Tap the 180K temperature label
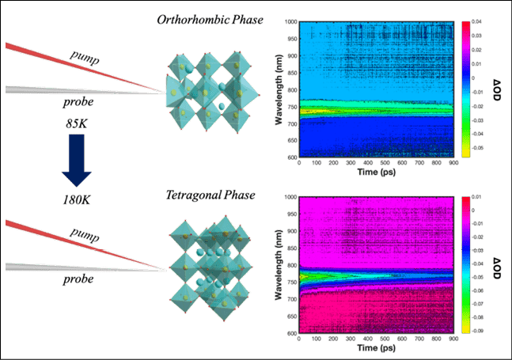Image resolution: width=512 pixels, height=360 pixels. coord(77,199)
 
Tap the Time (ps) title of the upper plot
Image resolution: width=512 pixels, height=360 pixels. coord(376,171)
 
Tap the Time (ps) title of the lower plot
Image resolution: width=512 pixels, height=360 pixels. coord(376,348)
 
